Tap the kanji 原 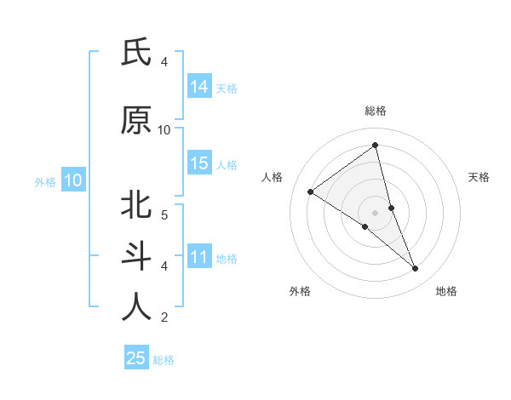(x=136, y=121)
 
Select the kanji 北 (x=136, y=205)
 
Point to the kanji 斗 (x=136, y=256)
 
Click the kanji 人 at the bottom (x=136, y=307)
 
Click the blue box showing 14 (x=199, y=87)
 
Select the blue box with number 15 (x=199, y=163)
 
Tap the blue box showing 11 (x=199, y=257)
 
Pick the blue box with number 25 (x=136, y=358)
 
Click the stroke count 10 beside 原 (x=164, y=130)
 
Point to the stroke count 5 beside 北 (x=164, y=214)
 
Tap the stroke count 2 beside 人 (x=164, y=317)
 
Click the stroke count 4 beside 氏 (x=164, y=62)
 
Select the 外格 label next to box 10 (x=45, y=181)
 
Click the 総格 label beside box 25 (x=164, y=360)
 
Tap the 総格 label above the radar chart (x=375, y=111)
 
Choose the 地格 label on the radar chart (x=446, y=291)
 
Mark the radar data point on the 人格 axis (x=311, y=191)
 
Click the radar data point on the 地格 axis (x=416, y=268)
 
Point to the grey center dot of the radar (x=375, y=212)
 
